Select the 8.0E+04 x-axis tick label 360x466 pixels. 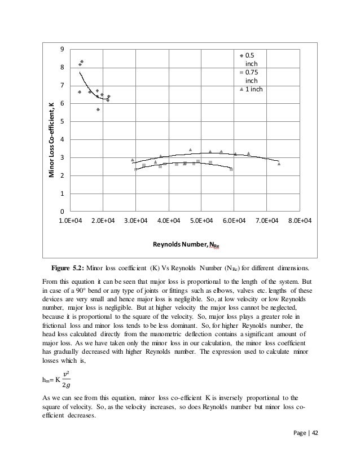point(299,222)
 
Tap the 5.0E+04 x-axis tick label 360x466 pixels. point(201,222)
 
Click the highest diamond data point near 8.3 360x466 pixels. point(82,61)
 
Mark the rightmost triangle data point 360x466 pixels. point(279,164)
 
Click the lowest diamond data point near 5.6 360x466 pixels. point(98,109)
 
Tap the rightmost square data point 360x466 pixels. point(231,169)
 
